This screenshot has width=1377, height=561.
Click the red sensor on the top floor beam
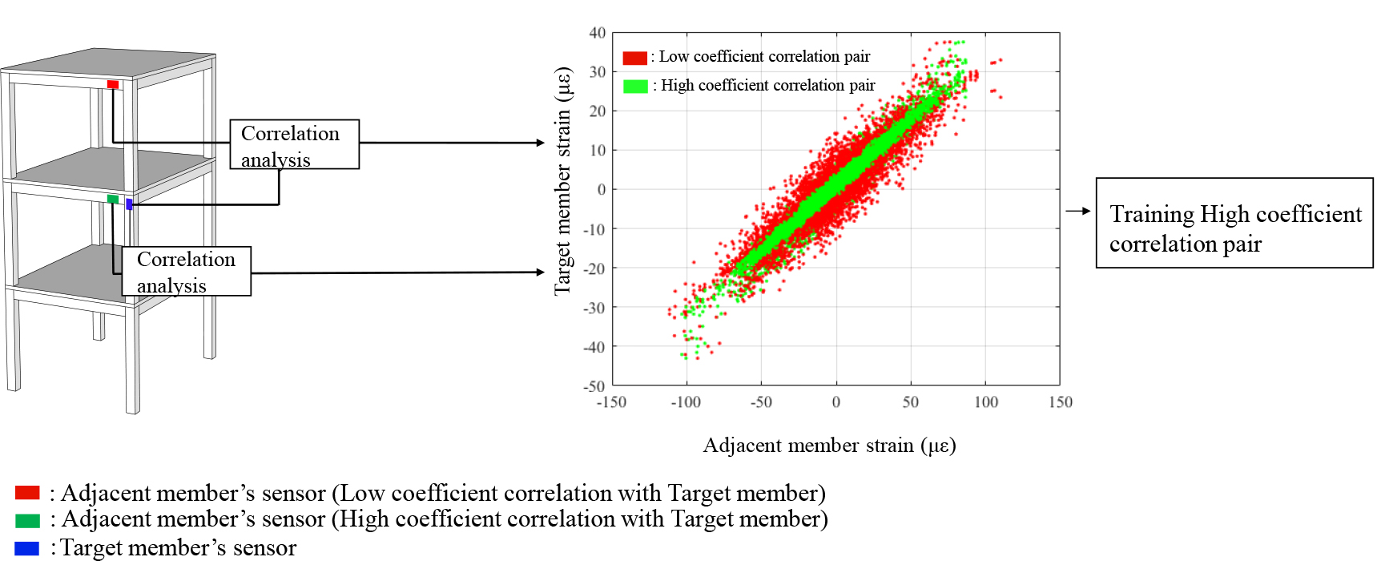(x=113, y=84)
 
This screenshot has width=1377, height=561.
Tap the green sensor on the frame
(x=113, y=199)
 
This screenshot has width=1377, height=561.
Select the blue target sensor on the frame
(x=129, y=204)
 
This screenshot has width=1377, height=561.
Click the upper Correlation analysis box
(x=295, y=144)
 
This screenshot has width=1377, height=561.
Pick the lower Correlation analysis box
(x=187, y=271)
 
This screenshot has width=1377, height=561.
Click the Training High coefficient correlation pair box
(x=1234, y=223)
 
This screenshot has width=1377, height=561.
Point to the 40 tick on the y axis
(x=598, y=33)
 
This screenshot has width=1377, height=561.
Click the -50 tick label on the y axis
(x=594, y=385)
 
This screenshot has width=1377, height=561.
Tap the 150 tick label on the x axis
(x=1061, y=402)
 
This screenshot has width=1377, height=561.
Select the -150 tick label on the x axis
(x=611, y=402)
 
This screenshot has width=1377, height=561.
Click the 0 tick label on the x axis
(x=836, y=402)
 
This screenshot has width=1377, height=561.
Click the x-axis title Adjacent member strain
(x=830, y=446)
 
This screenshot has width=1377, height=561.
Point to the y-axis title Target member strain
(x=562, y=181)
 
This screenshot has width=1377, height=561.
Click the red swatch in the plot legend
(x=635, y=58)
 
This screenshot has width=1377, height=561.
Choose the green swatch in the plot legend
(x=635, y=86)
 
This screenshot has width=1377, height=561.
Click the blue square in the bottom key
(x=27, y=548)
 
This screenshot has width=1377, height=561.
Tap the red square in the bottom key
(x=27, y=493)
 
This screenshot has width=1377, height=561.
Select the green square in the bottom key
(x=27, y=521)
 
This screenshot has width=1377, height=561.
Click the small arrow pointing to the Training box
(x=1078, y=211)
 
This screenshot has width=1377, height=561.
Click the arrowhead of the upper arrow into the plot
(x=541, y=143)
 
